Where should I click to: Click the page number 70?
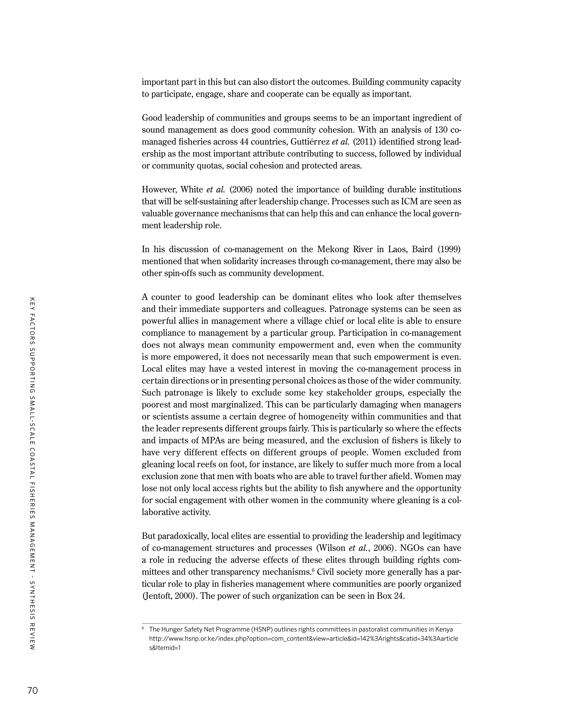32,690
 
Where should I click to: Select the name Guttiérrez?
310,142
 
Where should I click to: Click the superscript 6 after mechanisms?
313,570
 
